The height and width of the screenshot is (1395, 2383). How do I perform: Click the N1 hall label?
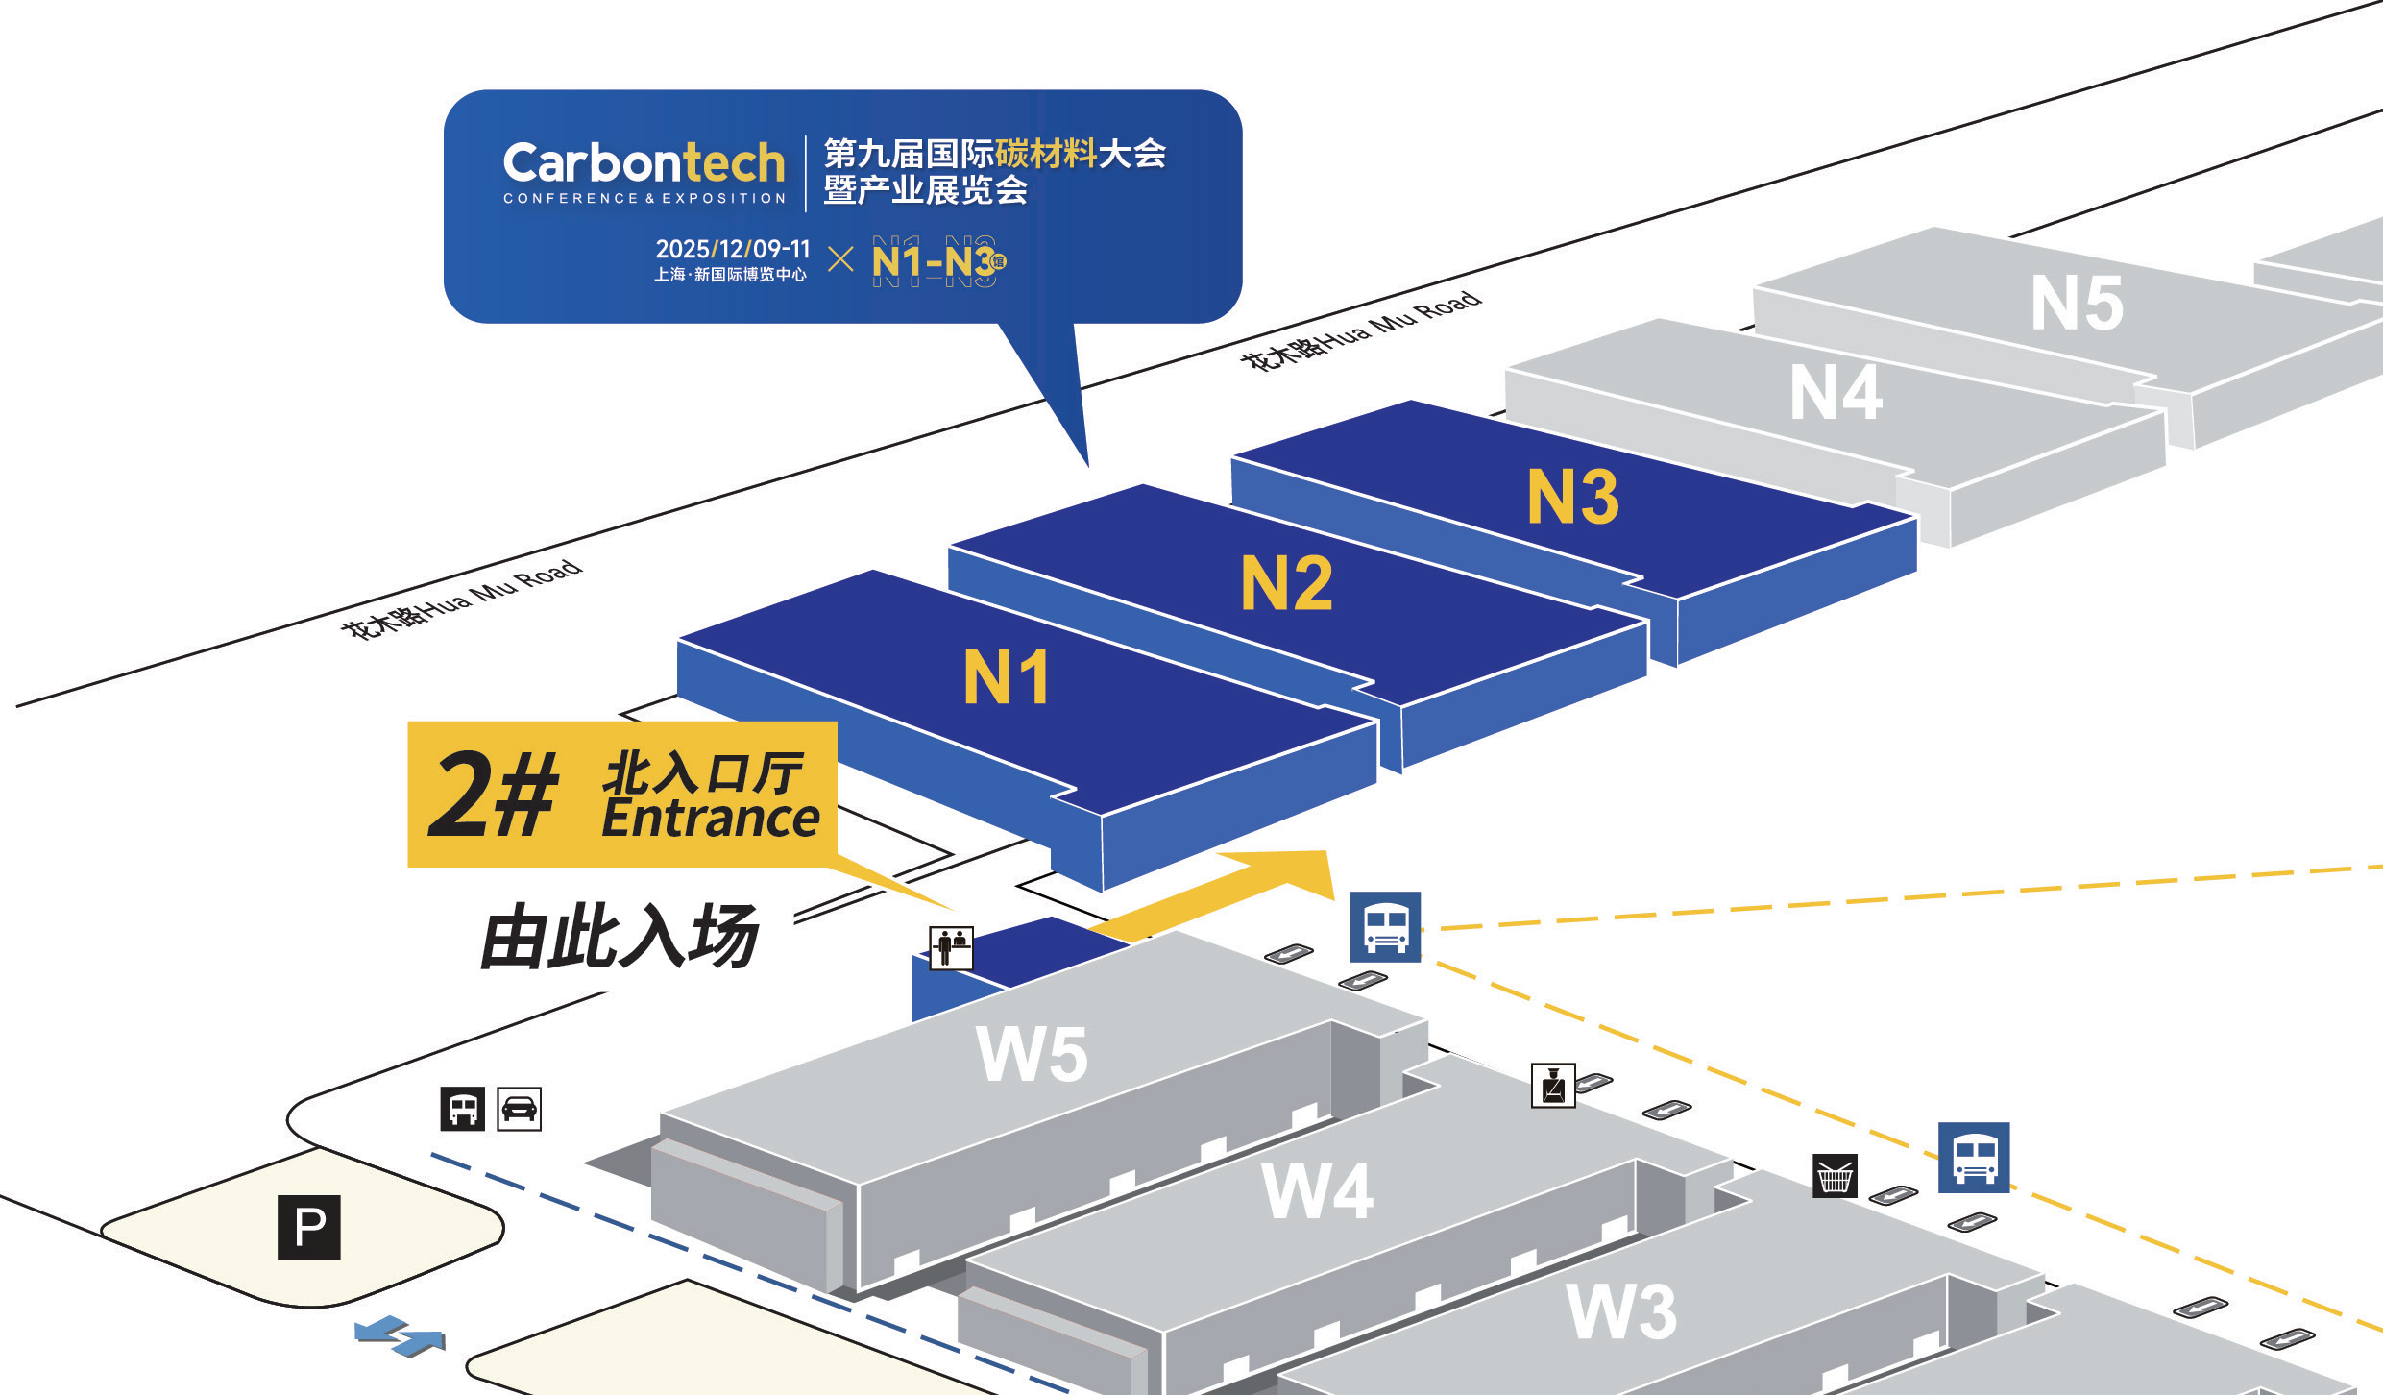click(x=1006, y=676)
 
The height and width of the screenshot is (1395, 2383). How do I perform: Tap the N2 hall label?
click(x=1286, y=583)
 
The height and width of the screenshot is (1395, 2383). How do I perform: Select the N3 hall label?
click(x=1572, y=497)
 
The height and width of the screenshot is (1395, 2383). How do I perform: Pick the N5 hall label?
click(x=2077, y=304)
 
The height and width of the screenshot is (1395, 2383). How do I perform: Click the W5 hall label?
click(x=1032, y=1054)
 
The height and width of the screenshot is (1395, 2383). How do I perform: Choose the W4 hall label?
click(x=1317, y=1191)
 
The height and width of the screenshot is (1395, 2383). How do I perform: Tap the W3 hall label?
click(x=1621, y=1311)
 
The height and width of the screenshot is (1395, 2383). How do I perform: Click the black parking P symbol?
click(x=309, y=1227)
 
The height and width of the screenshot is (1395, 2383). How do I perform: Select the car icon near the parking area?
click(x=519, y=1109)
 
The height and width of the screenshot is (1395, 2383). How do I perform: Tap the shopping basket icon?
click(x=1835, y=1175)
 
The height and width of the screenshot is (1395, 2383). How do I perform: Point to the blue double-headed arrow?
click(x=400, y=1336)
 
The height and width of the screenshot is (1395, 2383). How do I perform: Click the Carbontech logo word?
click(x=644, y=162)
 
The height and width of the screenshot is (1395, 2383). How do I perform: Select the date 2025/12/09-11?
click(x=732, y=249)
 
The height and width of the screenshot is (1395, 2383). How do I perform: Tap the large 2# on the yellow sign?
click(x=493, y=795)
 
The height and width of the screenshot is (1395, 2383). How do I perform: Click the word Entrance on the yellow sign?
click(x=710, y=820)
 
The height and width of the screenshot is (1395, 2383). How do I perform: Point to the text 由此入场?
click(x=620, y=937)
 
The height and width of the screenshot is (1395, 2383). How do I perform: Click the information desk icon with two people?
click(x=951, y=947)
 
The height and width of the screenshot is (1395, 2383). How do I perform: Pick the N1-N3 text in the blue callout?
click(x=933, y=261)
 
